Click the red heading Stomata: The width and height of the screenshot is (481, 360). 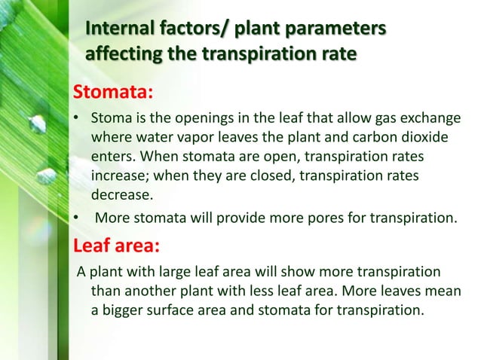point(112,93)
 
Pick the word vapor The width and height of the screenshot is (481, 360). point(194,139)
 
